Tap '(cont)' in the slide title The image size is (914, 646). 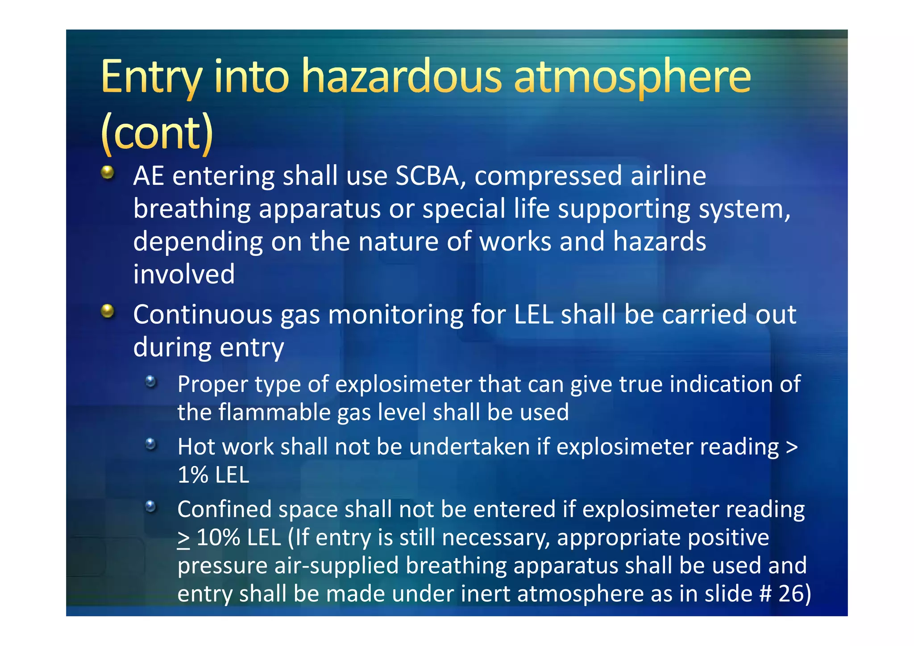157,133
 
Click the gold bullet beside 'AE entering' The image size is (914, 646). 108,172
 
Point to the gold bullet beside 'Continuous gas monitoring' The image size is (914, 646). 108,311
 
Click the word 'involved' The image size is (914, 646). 184,274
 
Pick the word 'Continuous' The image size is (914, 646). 203,315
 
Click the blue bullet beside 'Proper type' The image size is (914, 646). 151,381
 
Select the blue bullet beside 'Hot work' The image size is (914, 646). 151,444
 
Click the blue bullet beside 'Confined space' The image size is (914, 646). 151,506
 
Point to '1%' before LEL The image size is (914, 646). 192,475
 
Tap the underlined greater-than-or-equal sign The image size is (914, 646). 183,539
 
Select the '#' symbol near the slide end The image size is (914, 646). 765,594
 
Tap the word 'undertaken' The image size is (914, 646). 469,447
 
